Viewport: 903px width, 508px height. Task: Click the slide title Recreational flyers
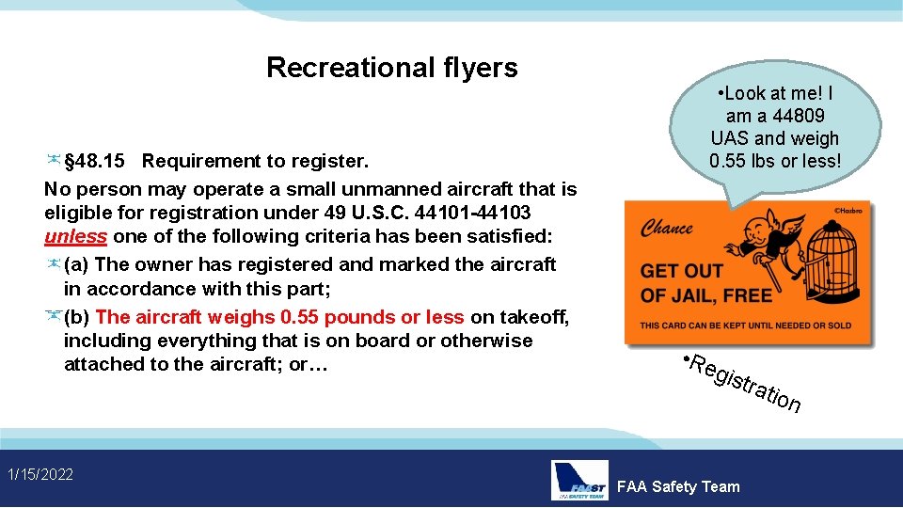pos(391,68)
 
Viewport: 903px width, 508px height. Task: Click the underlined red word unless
pos(75,236)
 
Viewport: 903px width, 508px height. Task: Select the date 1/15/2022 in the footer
pos(39,473)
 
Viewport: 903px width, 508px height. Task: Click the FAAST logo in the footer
pos(579,480)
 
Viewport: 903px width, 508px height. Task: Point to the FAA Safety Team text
pos(677,486)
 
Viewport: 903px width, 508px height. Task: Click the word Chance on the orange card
pos(666,229)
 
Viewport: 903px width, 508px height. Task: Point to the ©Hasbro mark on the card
pos(848,210)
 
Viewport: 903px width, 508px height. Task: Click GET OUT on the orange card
pos(681,271)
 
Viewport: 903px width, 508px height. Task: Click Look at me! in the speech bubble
pos(771,94)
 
